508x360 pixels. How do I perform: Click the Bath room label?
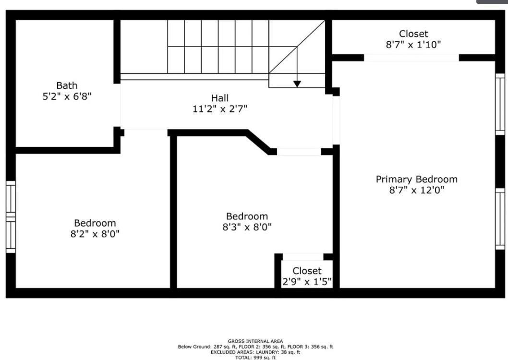[x=67, y=86]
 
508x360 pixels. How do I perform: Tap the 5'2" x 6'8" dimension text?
[x=67, y=96]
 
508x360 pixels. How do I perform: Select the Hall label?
[x=219, y=98]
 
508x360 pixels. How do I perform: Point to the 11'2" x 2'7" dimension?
[x=219, y=109]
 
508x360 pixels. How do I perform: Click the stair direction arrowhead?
[x=297, y=84]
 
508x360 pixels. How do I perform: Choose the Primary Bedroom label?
[x=416, y=179]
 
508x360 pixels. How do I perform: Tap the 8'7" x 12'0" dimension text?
[x=416, y=190]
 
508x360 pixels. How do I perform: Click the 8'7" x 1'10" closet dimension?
[x=413, y=45]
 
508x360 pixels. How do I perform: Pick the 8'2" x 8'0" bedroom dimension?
[x=95, y=234]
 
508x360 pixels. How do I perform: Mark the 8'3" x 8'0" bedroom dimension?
[x=247, y=228]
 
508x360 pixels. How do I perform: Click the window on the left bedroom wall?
[x=11, y=216]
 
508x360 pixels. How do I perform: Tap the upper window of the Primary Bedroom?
[x=500, y=104]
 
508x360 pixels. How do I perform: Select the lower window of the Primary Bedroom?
[x=500, y=218]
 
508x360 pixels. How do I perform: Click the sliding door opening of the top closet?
[x=411, y=58]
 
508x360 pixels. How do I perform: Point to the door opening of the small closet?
[x=302, y=257]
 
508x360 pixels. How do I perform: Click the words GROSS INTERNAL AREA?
[x=255, y=341]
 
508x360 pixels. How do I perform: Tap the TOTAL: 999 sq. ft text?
[x=255, y=358]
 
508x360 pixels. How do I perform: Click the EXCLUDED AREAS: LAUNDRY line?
[x=255, y=352]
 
